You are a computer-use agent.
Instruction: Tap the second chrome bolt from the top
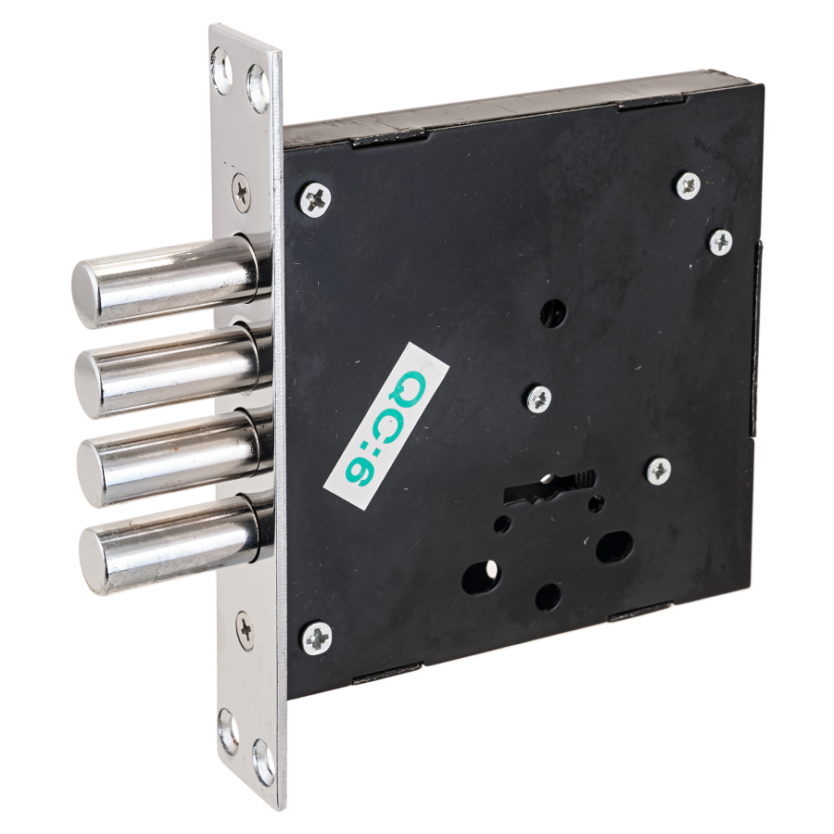pyautogui.click(x=173, y=370)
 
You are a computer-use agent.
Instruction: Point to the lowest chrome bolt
pyautogui.click(x=175, y=542)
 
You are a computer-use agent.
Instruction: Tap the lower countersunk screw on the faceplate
pyautogui.click(x=246, y=630)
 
